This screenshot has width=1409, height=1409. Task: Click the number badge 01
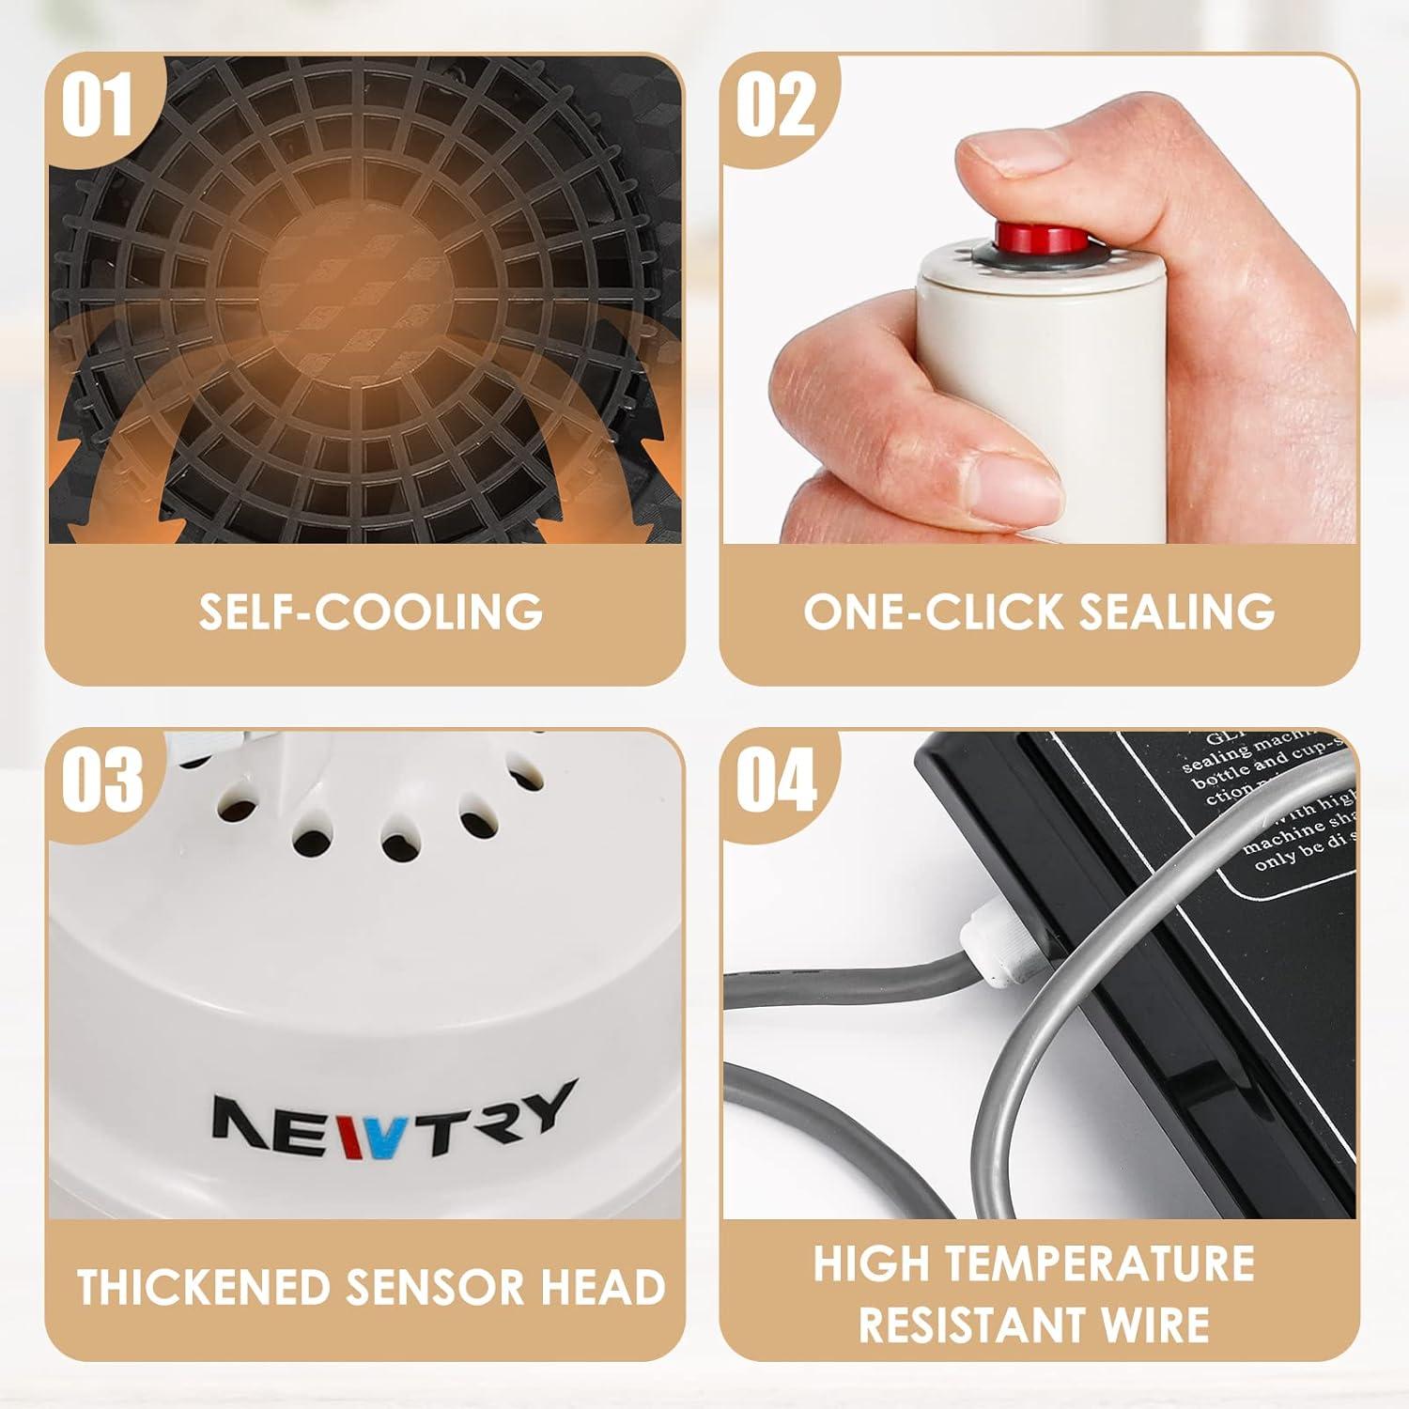coord(98,106)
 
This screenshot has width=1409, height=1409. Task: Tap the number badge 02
coord(775,106)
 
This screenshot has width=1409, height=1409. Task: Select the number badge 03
coord(101,780)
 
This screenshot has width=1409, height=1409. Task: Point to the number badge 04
coord(776,780)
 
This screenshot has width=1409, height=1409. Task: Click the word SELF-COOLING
coord(370,612)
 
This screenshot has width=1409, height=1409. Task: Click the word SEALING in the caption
coord(1176,612)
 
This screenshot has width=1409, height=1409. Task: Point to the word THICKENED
coord(205,1287)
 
